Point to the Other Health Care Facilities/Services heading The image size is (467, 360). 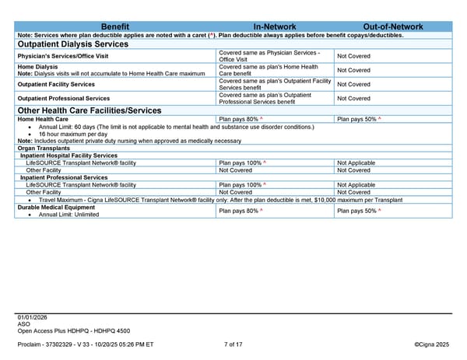click(89, 110)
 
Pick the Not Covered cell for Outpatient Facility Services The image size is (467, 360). click(353, 84)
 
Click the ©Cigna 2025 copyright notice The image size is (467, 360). click(432, 343)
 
